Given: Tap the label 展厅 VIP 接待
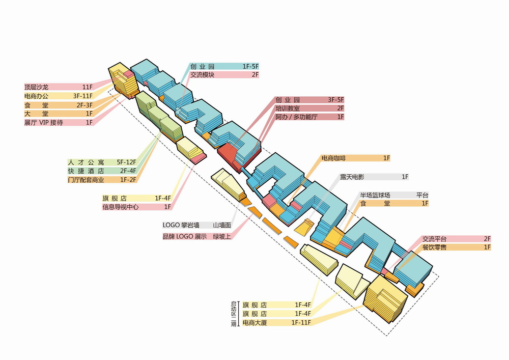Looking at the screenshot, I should coord(44,123).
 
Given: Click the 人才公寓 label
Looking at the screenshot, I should coord(86,162).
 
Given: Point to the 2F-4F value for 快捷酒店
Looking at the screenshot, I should coord(128,171).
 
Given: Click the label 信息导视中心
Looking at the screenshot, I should coord(120,207).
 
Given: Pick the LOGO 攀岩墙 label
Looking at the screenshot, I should coord(182,225).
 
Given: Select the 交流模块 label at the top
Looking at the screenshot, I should coord(202,75).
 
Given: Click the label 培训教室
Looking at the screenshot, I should coord(288,108).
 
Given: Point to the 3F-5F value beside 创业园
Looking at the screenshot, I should coord(335,100).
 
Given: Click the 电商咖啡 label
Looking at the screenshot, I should coord(335,159).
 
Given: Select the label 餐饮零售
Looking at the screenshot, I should coord(434,247).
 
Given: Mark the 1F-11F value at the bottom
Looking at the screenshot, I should coord(301,323).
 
